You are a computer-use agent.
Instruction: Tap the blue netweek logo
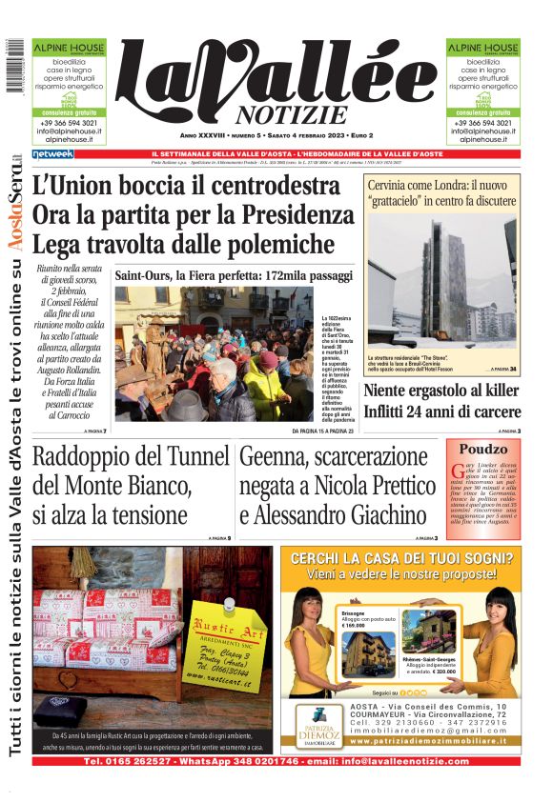pyautogui.click(x=52, y=153)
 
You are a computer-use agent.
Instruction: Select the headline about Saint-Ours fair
pyautogui.click(x=234, y=275)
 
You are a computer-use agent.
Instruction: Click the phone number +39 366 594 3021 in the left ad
pyautogui.click(x=64, y=123)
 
